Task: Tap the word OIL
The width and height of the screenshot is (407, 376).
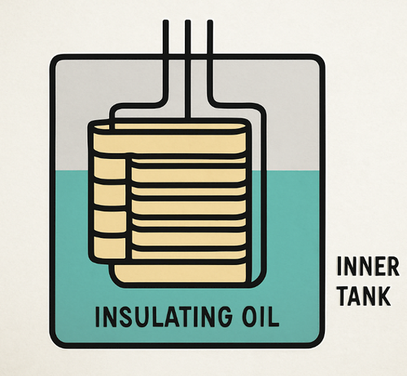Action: coord(260,316)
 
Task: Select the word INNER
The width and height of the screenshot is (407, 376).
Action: coord(368,266)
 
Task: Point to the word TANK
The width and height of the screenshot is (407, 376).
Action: coord(365,296)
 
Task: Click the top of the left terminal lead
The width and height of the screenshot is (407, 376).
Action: coord(166,21)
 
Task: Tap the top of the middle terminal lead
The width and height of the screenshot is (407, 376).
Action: coord(187,21)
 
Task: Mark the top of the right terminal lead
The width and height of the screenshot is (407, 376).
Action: coord(209,21)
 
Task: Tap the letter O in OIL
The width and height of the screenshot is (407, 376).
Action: coord(249,316)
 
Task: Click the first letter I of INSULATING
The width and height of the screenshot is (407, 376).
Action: coord(98,316)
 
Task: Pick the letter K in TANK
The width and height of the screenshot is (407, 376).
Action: coord(384,296)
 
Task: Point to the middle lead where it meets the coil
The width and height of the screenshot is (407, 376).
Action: coord(187,118)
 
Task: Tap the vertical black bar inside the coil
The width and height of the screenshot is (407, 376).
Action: coord(129,206)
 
